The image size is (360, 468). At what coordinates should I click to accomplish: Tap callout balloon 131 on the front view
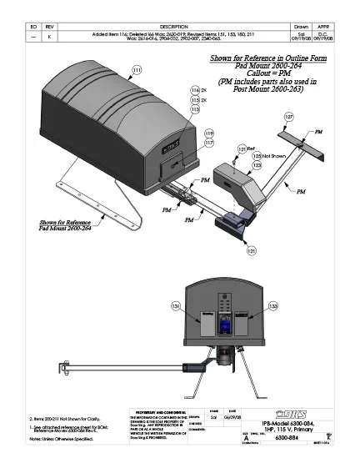175,308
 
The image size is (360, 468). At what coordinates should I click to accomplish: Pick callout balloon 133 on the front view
274,308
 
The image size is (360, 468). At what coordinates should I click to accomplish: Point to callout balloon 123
257,166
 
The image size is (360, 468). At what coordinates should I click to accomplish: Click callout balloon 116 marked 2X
196,89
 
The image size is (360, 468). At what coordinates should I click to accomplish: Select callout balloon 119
209,133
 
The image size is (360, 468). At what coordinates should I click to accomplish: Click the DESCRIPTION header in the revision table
175,26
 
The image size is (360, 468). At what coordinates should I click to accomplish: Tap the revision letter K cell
50,37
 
